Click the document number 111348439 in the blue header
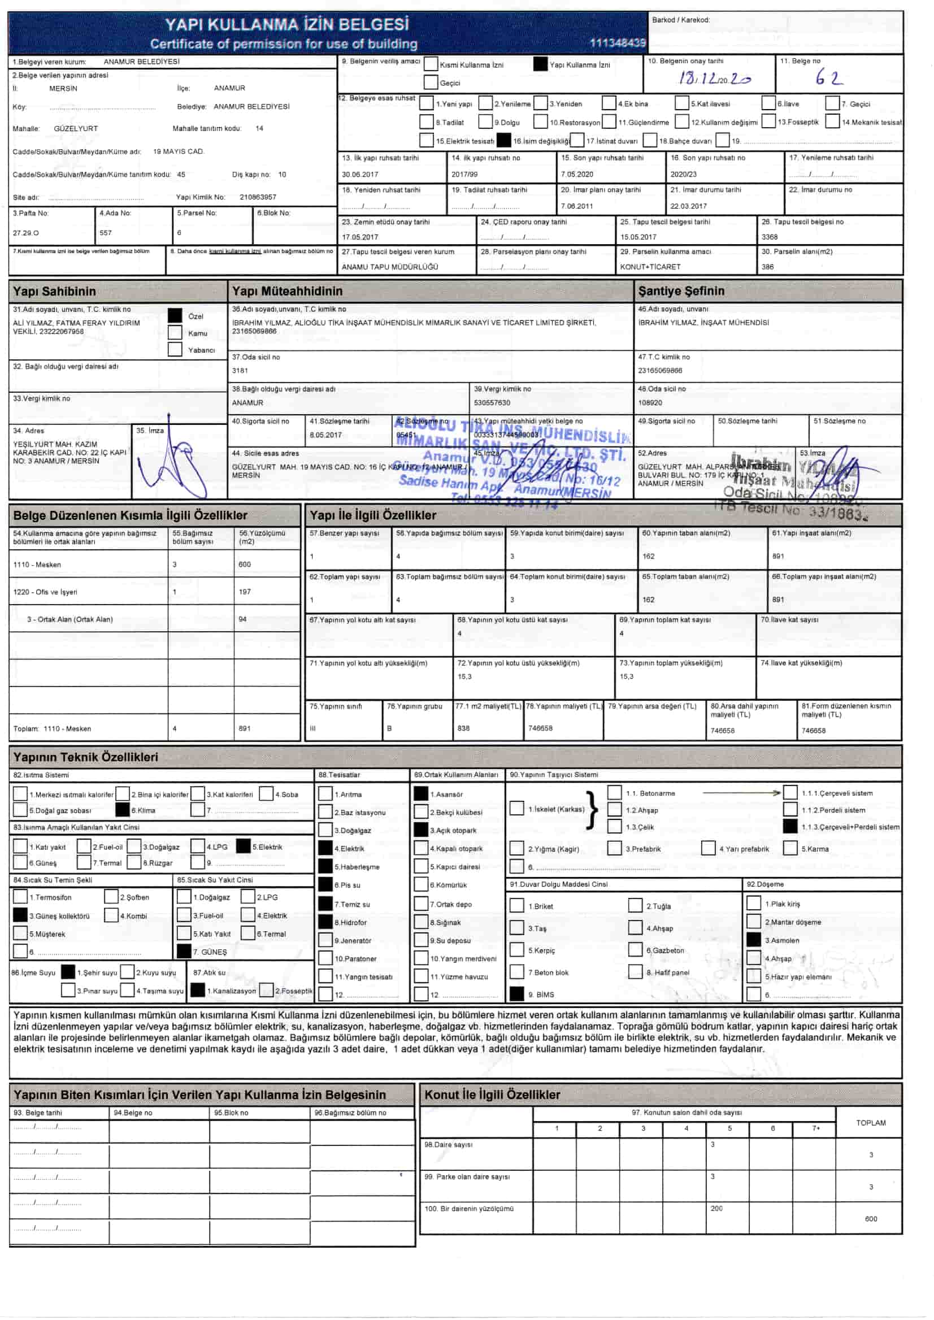pos(618,42)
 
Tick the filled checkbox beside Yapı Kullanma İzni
pos(540,64)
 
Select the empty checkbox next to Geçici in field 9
pos(430,82)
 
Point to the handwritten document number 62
pos(829,78)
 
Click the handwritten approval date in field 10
pos(715,79)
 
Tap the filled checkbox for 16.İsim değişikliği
pos(504,140)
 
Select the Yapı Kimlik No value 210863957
pos(258,197)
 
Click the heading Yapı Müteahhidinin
pos(287,292)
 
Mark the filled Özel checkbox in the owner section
pos(175,316)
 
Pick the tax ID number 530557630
pos(492,403)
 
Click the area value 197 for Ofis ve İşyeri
pos(245,592)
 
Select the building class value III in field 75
pos(313,728)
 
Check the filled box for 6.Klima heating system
pos(123,810)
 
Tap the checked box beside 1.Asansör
pos(421,794)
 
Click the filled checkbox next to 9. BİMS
pos(517,994)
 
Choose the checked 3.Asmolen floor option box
pos(753,940)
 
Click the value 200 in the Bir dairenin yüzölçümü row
pos(716,1208)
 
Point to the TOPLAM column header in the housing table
pos(871,1122)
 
